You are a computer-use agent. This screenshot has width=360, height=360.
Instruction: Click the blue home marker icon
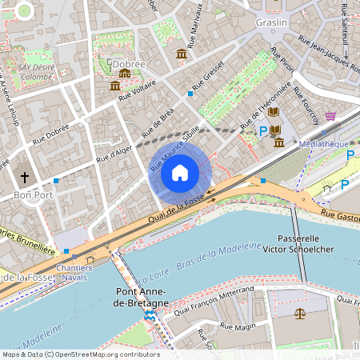180,172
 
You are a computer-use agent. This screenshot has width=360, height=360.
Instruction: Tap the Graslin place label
272,23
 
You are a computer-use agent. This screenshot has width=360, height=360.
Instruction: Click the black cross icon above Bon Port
24,177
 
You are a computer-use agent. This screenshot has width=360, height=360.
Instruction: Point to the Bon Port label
34,194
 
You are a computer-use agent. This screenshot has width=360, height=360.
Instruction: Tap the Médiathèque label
322,144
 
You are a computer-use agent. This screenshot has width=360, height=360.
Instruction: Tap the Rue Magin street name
237,326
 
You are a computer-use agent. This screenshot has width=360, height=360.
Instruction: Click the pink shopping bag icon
330,116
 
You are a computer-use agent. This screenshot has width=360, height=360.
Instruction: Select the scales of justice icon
300,314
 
